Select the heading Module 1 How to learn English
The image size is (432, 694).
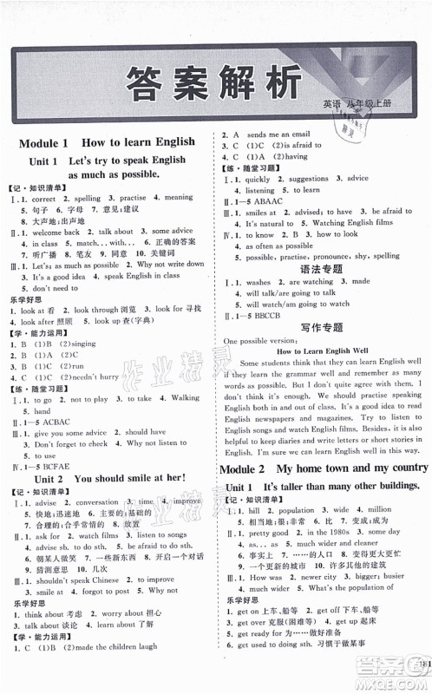tap(108, 142)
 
